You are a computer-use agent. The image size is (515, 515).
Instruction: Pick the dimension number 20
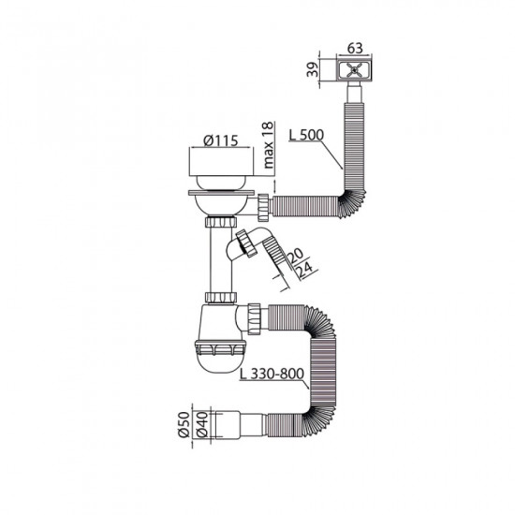293,254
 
